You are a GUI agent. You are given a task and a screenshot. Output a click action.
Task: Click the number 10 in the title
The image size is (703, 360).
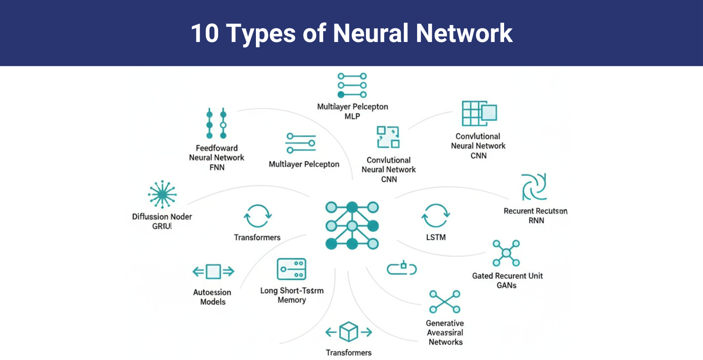(x=204, y=33)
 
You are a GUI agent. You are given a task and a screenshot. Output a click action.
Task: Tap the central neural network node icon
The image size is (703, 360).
(x=352, y=226)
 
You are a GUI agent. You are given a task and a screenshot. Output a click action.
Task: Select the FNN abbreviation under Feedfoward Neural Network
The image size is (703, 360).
(x=217, y=168)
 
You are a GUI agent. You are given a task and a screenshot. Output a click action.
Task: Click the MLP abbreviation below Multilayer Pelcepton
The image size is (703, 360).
(x=352, y=117)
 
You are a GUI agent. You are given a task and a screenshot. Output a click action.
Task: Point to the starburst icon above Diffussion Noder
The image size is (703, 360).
(x=162, y=195)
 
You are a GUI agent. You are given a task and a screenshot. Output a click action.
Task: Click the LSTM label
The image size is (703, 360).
(x=436, y=237)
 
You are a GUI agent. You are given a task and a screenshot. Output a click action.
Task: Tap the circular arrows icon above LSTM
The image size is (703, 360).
(x=436, y=216)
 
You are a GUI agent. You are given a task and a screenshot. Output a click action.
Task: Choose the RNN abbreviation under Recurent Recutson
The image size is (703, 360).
(x=536, y=221)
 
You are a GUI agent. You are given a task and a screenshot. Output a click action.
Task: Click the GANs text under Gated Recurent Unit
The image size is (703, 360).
(x=507, y=285)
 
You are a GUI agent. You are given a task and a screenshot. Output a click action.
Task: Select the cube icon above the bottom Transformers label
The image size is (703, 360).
(x=348, y=332)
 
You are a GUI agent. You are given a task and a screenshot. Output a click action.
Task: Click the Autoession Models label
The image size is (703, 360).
(x=212, y=297)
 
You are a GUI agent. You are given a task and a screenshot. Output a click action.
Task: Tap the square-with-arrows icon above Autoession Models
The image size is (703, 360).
(x=213, y=271)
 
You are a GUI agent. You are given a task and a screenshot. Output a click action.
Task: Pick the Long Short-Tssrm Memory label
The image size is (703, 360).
(x=292, y=295)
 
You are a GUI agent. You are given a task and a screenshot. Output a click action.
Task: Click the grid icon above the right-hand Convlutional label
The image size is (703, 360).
(x=479, y=114)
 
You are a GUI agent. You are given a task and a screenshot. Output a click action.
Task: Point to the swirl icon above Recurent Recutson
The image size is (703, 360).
(x=534, y=187)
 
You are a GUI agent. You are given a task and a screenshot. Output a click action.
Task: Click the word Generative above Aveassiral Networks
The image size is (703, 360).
(x=445, y=324)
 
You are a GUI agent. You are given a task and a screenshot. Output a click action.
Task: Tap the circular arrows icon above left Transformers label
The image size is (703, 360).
(x=257, y=216)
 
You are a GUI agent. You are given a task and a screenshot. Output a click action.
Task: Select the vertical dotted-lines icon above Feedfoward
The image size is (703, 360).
(x=216, y=123)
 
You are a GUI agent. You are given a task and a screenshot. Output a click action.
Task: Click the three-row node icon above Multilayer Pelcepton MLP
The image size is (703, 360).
(x=352, y=85)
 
